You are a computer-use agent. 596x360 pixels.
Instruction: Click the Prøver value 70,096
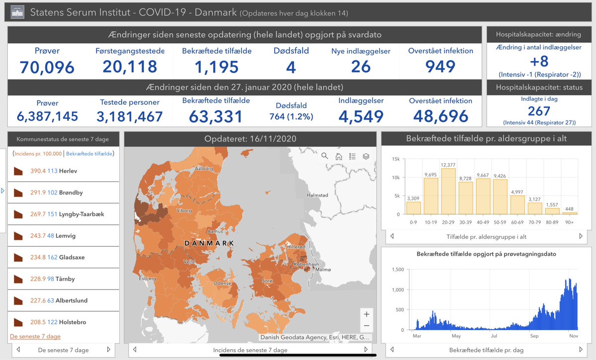click(x=47, y=67)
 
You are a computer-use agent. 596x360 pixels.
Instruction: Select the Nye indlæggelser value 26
click(x=361, y=67)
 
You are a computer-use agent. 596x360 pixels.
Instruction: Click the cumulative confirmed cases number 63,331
click(x=216, y=116)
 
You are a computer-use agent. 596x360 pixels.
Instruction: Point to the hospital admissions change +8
click(x=539, y=62)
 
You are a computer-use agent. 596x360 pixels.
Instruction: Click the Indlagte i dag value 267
click(x=539, y=111)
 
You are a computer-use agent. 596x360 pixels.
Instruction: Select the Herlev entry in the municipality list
click(x=69, y=171)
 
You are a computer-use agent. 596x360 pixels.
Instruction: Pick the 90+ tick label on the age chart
click(x=569, y=222)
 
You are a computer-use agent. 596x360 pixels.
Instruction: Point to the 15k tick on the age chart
click(x=395, y=159)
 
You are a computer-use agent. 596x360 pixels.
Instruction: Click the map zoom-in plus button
click(x=366, y=314)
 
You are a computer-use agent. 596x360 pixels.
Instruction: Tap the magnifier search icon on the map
click(x=325, y=156)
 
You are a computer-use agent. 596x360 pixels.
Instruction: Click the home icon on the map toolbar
click(x=339, y=156)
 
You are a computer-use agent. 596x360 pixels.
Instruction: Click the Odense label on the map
click(x=223, y=283)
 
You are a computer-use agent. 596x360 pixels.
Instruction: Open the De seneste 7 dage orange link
click(x=35, y=336)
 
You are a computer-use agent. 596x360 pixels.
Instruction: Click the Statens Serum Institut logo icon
click(x=17, y=12)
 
